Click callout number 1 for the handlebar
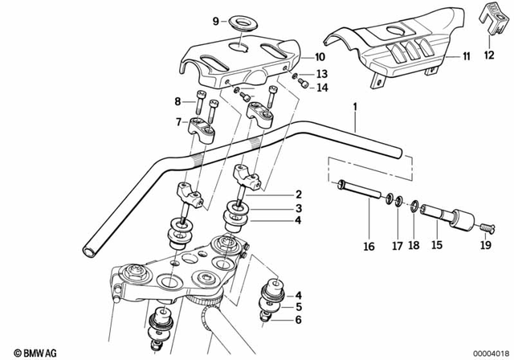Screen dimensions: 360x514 point(353,106)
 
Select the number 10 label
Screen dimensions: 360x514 point(320,58)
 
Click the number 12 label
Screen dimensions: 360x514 point(490,55)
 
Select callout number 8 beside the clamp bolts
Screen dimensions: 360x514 point(178,100)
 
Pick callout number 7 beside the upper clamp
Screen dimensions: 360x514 point(178,121)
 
